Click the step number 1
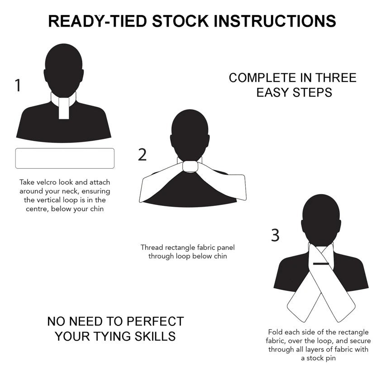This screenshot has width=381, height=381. click(18, 85)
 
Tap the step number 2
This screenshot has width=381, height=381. click(143, 155)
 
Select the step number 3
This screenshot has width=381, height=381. click(275, 235)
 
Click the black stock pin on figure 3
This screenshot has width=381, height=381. click(321, 263)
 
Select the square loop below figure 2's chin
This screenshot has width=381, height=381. click(190, 167)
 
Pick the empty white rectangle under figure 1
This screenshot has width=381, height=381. click(65, 158)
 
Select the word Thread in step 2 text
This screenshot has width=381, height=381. click(151, 248)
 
